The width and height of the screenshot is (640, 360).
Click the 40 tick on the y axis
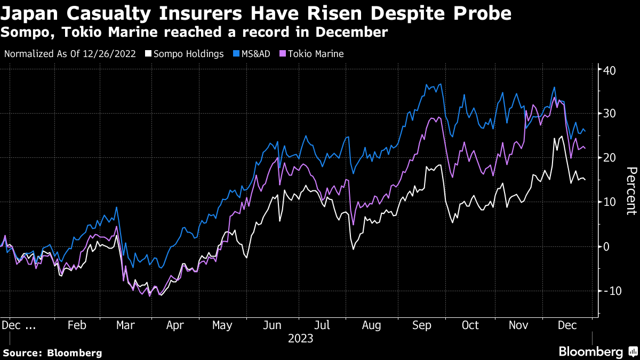pos(610,70)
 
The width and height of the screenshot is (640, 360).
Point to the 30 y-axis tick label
pos(610,114)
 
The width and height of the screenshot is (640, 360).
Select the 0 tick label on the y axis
pos(607,246)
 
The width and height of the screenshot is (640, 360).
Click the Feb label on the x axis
pos(77,325)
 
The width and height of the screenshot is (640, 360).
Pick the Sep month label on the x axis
pos(421,325)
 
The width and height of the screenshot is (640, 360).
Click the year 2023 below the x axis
pos(300,338)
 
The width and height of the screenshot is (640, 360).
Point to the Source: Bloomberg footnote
pos(52,353)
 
